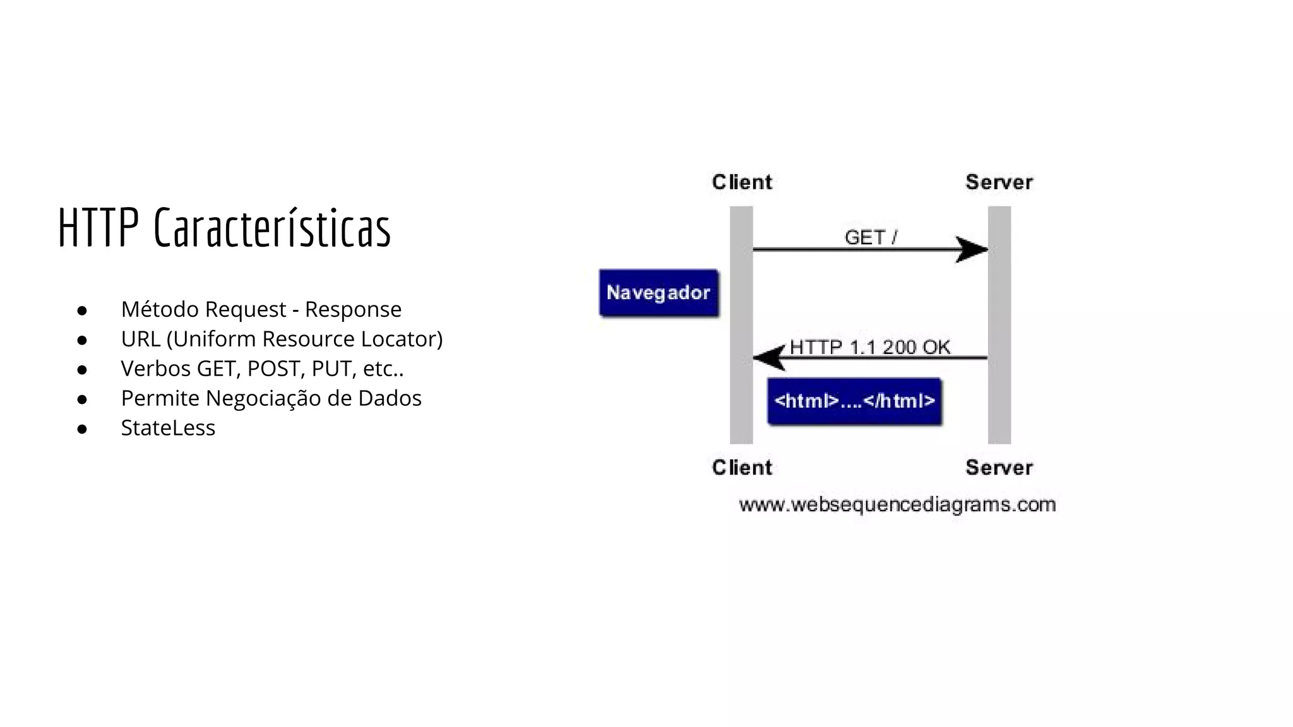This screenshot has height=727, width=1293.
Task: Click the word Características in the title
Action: pyautogui.click(x=272, y=228)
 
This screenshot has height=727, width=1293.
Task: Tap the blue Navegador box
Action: pyautogui.click(x=658, y=293)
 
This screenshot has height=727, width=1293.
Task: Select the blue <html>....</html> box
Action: pyautogui.click(x=854, y=401)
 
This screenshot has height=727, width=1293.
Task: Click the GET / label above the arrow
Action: pyautogui.click(x=870, y=238)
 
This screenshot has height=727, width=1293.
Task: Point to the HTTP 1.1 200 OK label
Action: pyautogui.click(x=869, y=347)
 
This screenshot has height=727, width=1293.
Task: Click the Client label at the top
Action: pyautogui.click(x=742, y=182)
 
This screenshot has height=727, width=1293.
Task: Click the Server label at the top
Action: pyautogui.click(x=999, y=182)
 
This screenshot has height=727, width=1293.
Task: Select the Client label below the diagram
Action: pyautogui.click(x=742, y=468)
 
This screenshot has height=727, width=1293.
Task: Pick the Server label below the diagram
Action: pyautogui.click(x=999, y=468)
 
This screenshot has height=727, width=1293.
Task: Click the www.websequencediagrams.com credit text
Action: pyautogui.click(x=897, y=505)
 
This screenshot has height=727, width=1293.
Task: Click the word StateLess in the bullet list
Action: pyautogui.click(x=168, y=428)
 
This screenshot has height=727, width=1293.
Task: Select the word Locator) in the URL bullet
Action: pyautogui.click(x=402, y=339)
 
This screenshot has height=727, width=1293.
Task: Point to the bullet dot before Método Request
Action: pyautogui.click(x=81, y=310)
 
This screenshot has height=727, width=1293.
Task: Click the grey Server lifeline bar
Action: pyautogui.click(x=999, y=325)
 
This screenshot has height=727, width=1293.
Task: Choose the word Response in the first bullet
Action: pyautogui.click(x=353, y=309)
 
